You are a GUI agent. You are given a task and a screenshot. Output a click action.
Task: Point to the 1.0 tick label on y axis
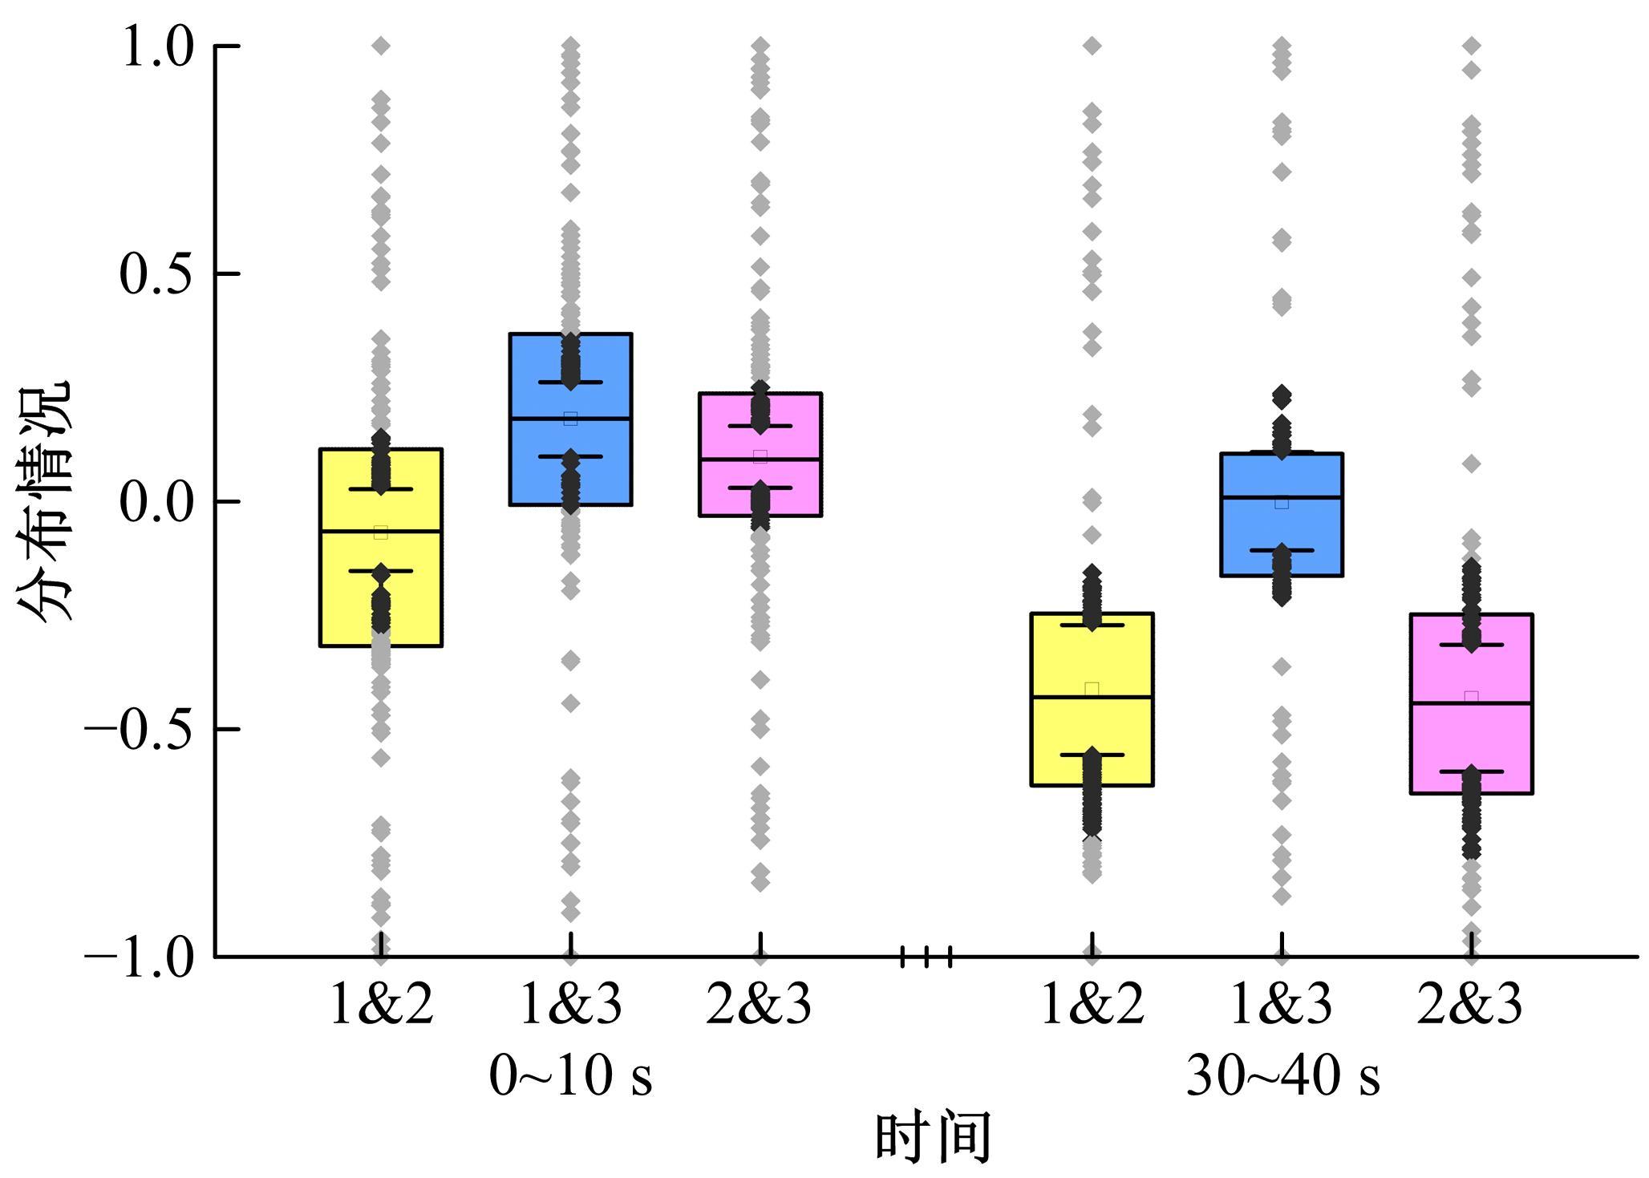157,47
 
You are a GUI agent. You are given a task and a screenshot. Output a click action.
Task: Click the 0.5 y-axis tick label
157,274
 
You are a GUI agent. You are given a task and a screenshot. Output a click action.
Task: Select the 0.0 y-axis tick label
157,502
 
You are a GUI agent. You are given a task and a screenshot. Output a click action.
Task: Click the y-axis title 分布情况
45,501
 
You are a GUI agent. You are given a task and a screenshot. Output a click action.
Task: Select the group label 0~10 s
570,1076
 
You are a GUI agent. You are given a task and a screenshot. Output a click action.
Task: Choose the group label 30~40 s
1282,1076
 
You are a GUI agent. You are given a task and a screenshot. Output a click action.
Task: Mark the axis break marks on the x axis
926,956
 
